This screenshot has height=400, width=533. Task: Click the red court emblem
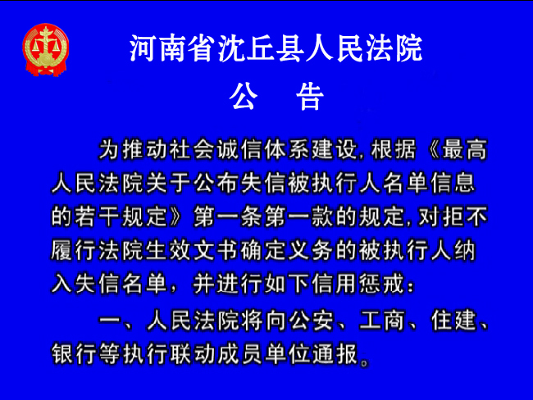(x=46, y=50)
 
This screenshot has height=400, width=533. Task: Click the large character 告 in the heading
(x=310, y=96)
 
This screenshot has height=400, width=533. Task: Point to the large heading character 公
(x=244, y=96)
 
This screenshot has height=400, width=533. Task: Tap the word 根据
(x=394, y=149)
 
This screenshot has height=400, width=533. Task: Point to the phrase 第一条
(x=229, y=216)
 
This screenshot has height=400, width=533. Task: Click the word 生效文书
(x=194, y=251)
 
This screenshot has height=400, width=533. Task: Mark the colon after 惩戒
(x=411, y=287)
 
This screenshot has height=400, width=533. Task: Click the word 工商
(x=382, y=320)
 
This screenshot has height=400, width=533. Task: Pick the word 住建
(x=453, y=320)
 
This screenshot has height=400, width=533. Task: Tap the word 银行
(x=75, y=354)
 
